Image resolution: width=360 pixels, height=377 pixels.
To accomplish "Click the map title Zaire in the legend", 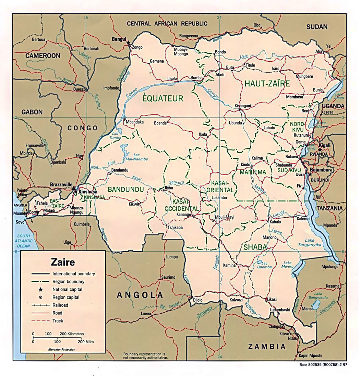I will coord(63,263).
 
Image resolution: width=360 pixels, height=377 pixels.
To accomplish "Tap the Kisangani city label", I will coord(243,106).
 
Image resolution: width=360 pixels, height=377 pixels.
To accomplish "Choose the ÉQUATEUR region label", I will coord(163,99).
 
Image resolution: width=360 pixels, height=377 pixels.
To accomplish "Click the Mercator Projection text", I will coord(62,349).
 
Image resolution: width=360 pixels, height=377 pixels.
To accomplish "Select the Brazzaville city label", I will coord(60,184).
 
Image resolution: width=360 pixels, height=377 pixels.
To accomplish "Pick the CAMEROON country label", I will coord(43,56).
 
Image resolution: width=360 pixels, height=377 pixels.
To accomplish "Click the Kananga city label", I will coord(183,215).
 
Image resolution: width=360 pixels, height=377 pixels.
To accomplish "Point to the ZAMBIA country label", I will coord(267,346).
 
